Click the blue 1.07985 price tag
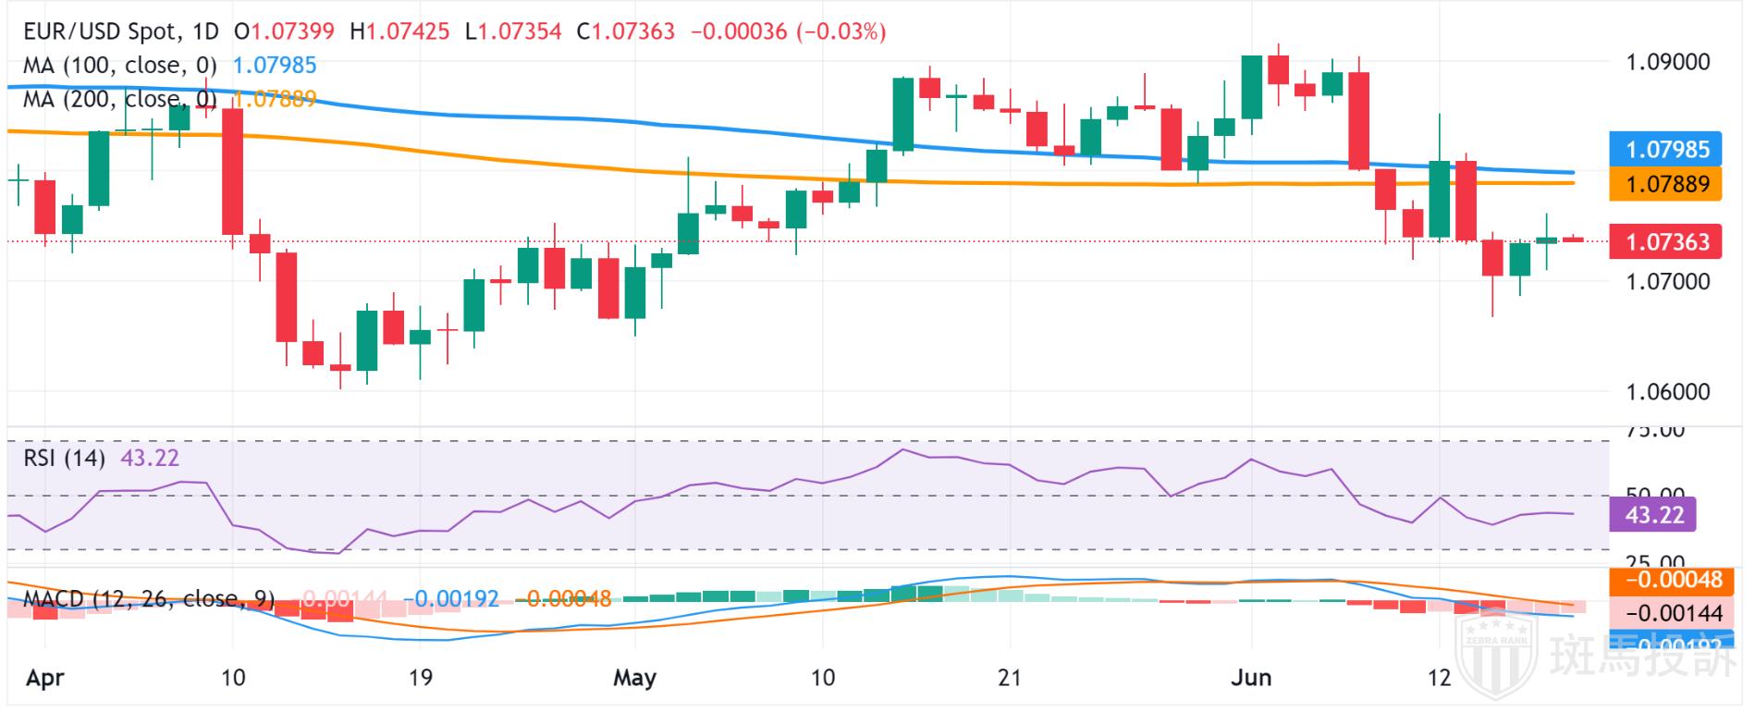pos(1666,149)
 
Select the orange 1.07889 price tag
pos(1666,183)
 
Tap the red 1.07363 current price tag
pos(1666,242)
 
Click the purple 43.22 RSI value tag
pos(1654,515)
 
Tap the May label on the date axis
pos(635,678)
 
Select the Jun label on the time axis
pos(1251,678)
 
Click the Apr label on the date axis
pos(45,678)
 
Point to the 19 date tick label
pos(421,678)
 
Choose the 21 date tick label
pos(1010,678)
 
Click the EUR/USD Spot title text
pos(100,32)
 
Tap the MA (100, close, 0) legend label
pos(119,66)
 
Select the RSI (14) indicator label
pos(64,458)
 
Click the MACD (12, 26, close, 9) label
pos(148,599)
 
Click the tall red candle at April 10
pos(233,171)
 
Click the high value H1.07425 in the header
pos(399,32)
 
